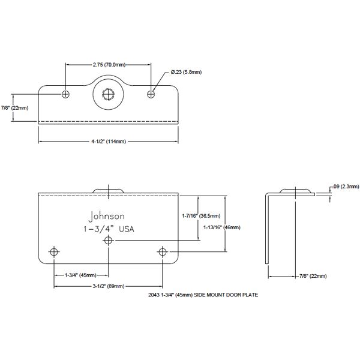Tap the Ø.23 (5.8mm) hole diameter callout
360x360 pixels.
[185, 72]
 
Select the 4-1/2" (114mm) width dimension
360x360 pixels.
[109, 142]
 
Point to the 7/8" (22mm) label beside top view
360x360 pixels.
[14, 107]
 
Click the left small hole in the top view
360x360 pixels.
[65, 94]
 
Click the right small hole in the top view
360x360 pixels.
[152, 94]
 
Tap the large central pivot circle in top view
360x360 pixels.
[108, 94]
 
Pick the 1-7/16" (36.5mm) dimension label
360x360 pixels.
[201, 215]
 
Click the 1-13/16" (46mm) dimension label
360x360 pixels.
[223, 227]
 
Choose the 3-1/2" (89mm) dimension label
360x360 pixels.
[109, 287]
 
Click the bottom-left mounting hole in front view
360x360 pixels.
[55, 251]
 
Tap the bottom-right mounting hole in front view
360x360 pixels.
[163, 251]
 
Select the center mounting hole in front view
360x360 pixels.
[109, 240]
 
